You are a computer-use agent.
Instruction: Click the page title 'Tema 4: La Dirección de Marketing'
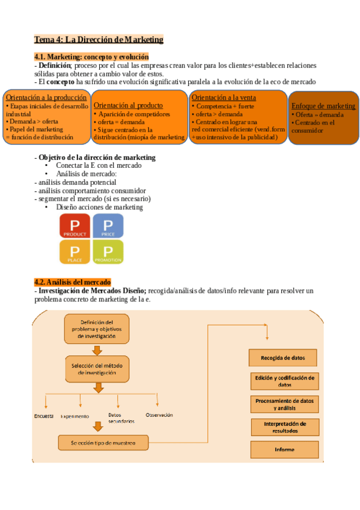click(99, 40)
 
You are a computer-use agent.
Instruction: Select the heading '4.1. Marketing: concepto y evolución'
click(91, 57)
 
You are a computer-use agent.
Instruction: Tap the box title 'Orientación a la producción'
click(46, 97)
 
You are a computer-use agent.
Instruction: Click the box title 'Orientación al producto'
click(128, 105)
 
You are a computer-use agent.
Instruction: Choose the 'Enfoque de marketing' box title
click(323, 106)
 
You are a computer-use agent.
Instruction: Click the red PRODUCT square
click(75, 226)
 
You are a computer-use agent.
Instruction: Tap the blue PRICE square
click(108, 226)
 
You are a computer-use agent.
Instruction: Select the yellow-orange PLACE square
click(75, 252)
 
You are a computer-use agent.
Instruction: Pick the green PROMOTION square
click(108, 252)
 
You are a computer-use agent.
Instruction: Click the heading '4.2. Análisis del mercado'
click(72, 281)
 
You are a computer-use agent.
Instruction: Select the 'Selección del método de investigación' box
click(96, 369)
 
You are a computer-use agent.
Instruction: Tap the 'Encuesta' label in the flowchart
click(44, 416)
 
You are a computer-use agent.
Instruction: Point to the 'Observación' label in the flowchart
click(159, 415)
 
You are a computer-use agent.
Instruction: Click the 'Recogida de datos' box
click(282, 358)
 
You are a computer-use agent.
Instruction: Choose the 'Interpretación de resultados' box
click(285, 427)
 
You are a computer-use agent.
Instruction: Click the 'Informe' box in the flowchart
click(284, 449)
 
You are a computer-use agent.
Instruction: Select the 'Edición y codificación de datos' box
click(285, 381)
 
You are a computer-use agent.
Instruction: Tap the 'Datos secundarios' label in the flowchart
click(121, 418)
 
